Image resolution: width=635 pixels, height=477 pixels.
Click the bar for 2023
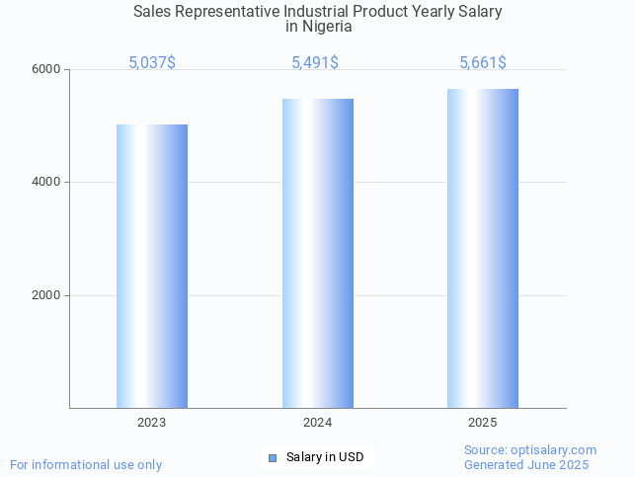(x=152, y=266)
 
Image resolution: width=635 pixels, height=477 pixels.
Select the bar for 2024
(x=318, y=253)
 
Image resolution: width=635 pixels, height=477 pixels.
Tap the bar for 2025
(x=483, y=248)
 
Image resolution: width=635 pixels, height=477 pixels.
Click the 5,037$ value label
(x=152, y=63)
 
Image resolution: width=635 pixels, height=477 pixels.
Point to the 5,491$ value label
(x=315, y=63)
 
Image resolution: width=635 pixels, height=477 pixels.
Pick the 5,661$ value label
(x=483, y=63)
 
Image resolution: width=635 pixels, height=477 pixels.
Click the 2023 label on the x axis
(x=152, y=423)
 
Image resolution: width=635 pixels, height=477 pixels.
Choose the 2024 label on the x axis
(x=318, y=423)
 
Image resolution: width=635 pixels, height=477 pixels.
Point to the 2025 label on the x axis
(x=483, y=423)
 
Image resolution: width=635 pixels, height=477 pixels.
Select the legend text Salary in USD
(x=325, y=457)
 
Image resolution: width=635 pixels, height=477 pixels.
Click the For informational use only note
(x=86, y=464)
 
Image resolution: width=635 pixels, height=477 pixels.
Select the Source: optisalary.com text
(x=530, y=450)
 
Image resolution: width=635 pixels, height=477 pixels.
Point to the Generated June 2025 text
(x=526, y=465)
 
